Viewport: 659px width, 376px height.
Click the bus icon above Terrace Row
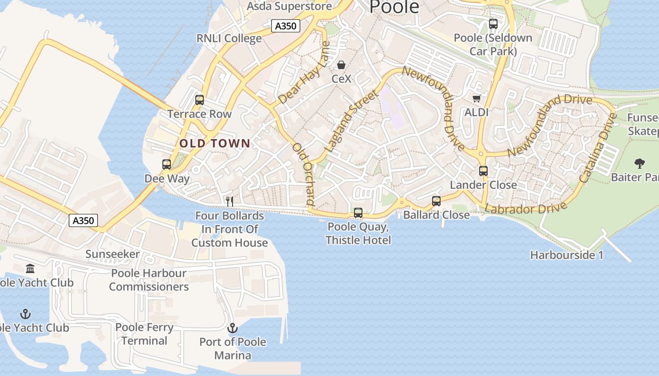click(200, 100)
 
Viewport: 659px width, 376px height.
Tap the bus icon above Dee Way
click(167, 164)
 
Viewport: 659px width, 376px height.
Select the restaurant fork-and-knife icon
click(230, 202)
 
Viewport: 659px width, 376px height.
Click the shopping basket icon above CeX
click(341, 65)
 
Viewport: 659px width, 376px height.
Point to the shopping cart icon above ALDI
click(476, 99)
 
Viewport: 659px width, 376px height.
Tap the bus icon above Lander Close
click(483, 171)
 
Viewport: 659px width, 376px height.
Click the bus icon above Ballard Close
click(436, 201)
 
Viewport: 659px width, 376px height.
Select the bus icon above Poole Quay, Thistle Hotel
click(358, 213)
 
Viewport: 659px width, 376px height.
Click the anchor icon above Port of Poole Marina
click(233, 328)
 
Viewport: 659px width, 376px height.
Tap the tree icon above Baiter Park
click(639, 164)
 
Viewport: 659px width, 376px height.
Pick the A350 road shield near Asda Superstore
click(286, 26)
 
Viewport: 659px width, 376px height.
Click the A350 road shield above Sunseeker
click(83, 220)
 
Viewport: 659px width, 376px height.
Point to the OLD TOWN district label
click(215, 143)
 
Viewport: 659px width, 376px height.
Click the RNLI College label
click(229, 39)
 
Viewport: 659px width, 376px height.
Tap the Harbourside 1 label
click(567, 255)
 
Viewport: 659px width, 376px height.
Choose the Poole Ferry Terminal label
click(145, 334)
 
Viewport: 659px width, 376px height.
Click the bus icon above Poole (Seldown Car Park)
click(493, 23)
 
